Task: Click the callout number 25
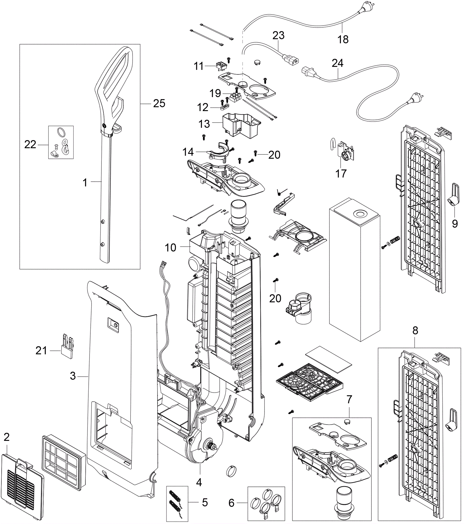(159, 103)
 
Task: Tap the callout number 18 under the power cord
(343, 39)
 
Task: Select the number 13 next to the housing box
(204, 124)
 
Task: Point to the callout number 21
(41, 351)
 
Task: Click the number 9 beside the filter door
(455, 223)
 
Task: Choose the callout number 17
(341, 174)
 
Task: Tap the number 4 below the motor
(199, 482)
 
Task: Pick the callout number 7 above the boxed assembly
(349, 399)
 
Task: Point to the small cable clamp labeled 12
(223, 108)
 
